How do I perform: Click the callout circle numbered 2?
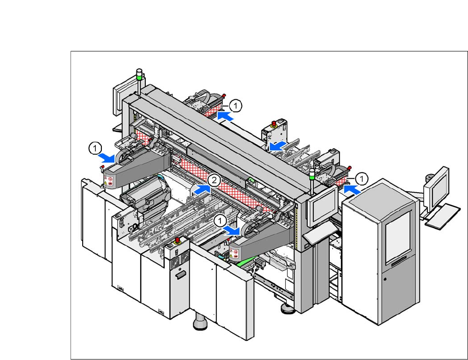(x=214, y=180)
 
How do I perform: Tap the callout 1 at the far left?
(x=95, y=148)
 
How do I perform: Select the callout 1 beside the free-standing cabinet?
(x=362, y=179)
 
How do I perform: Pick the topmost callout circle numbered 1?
(x=235, y=106)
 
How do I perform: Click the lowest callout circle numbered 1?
(x=220, y=221)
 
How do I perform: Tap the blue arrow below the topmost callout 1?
(x=225, y=116)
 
